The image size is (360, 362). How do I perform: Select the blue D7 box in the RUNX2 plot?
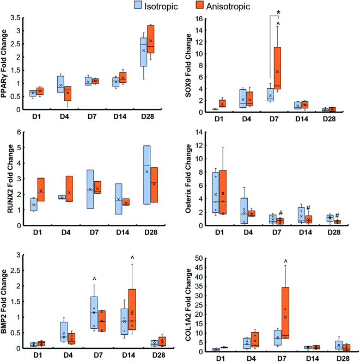coord(90,189)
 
